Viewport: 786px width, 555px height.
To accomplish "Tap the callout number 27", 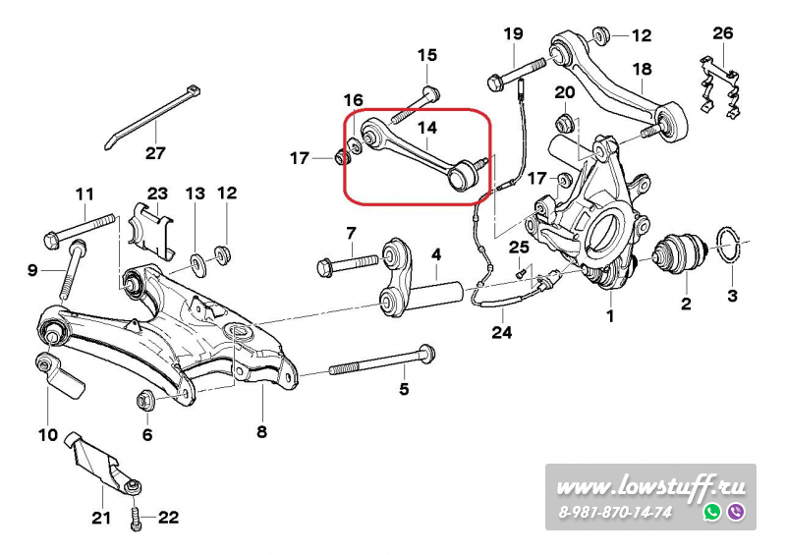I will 156,152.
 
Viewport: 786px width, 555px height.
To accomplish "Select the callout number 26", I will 723,33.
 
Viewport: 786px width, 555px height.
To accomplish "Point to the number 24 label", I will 502,331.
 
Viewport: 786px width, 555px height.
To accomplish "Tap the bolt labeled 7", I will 348,263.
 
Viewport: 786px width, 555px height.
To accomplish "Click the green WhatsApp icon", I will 712,512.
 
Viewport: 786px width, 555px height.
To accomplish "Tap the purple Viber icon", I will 736,512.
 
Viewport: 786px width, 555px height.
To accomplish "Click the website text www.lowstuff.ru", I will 650,487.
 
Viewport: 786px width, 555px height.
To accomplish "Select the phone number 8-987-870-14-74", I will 615,513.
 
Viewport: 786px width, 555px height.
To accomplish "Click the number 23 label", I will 158,194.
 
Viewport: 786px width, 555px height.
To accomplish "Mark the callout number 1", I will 609,316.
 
